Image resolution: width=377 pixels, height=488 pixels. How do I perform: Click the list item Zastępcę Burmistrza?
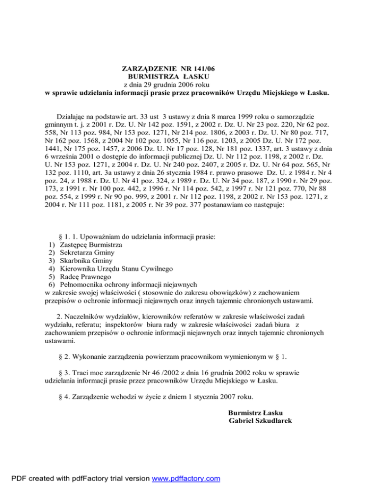click(90, 244)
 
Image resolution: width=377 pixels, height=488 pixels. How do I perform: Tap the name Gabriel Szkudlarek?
click(261, 420)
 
